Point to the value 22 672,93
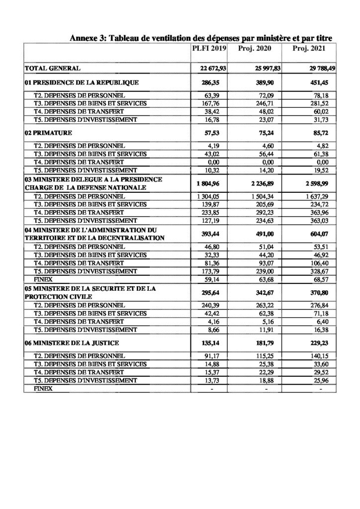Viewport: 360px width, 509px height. click(x=212, y=68)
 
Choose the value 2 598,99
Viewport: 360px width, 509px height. click(x=313, y=185)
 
